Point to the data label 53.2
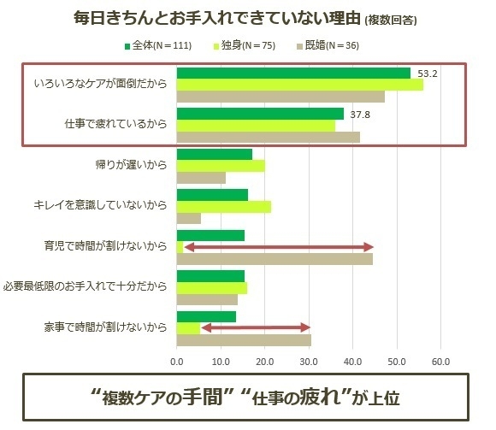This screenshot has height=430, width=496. coord(428,74)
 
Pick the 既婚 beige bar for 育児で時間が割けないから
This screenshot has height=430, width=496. coord(274,259)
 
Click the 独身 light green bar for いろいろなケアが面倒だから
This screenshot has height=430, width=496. coord(299,85)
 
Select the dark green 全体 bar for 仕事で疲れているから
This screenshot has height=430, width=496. coord(260,114)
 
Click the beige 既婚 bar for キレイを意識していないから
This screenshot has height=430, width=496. coord(188,218)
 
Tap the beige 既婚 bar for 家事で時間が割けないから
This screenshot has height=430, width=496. coord(243,339)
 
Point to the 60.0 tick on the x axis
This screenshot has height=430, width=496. coord(440,362)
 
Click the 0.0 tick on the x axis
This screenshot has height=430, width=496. coord(176,362)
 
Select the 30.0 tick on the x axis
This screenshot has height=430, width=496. coord(309,362)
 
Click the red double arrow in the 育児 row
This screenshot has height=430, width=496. coord(279,247)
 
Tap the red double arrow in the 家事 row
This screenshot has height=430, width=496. coord(254,327)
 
